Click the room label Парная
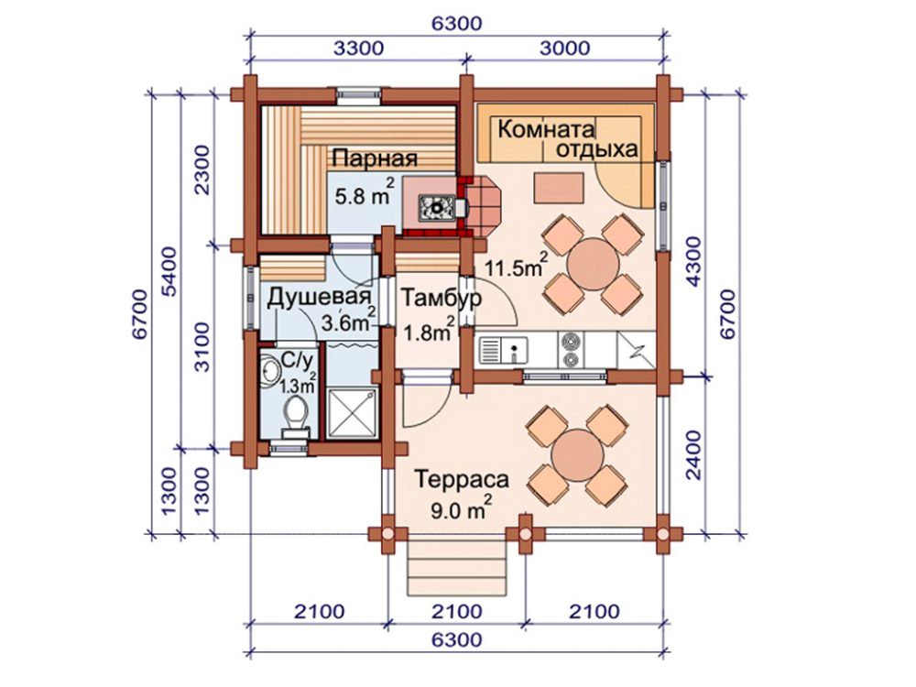click(375, 158)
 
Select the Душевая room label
click(319, 299)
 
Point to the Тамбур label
click(442, 298)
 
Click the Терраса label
click(462, 480)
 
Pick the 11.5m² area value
click(516, 267)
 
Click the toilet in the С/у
click(296, 415)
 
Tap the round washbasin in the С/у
click(270, 369)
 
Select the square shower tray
click(353, 413)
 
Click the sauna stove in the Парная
click(436, 206)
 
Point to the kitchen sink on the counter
click(504, 351)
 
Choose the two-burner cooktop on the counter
click(571, 349)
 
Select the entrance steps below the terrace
click(457, 567)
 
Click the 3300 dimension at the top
click(359, 49)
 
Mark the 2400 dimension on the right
click(692, 455)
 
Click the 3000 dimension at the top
click(565, 49)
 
